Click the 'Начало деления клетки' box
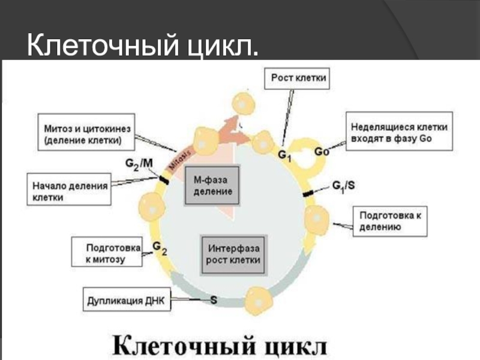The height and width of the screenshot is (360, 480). [x=70, y=190]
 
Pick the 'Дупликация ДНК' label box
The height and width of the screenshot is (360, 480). [x=127, y=299]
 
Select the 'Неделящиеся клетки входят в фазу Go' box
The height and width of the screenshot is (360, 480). [x=399, y=133]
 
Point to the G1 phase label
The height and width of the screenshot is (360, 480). [x=284, y=155]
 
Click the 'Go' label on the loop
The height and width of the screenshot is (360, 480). [x=322, y=152]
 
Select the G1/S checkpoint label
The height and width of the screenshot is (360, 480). [x=344, y=186]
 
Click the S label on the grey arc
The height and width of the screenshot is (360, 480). [x=214, y=298]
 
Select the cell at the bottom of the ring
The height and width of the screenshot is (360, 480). [x=260, y=298]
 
